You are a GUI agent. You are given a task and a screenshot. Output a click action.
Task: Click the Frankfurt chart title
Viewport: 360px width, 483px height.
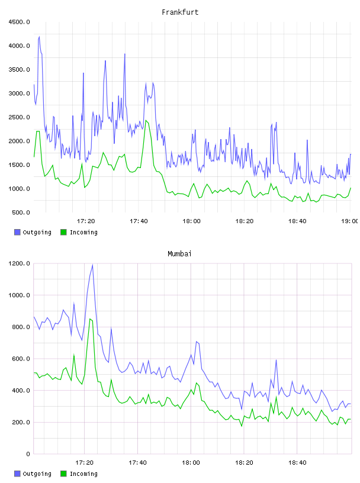point(180,12)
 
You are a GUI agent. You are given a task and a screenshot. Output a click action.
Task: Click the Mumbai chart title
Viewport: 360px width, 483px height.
point(179,254)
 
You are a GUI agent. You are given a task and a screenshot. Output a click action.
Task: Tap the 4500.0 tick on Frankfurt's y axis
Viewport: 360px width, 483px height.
point(20,22)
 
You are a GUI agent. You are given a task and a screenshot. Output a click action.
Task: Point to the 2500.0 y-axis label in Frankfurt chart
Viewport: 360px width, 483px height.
point(20,117)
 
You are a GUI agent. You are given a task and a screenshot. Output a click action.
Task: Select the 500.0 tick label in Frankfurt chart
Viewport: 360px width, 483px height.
point(21,212)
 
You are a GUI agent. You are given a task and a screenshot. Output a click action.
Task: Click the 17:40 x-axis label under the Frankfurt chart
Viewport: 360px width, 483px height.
point(139,221)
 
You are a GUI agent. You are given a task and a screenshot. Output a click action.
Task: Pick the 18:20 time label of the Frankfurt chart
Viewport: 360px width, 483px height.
point(245,221)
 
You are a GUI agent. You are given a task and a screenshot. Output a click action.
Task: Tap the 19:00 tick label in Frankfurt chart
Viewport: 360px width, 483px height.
point(349,221)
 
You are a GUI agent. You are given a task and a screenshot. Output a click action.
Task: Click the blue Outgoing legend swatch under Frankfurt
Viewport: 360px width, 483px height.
point(17,232)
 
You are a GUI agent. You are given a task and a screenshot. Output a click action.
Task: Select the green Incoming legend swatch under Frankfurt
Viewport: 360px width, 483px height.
point(63,232)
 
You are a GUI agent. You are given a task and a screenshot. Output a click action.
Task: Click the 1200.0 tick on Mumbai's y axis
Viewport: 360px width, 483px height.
point(20,263)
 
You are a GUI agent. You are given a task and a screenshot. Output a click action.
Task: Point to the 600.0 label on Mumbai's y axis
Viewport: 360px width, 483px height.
point(21,359)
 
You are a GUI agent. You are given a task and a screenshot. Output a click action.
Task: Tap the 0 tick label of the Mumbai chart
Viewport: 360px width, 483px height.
point(28,454)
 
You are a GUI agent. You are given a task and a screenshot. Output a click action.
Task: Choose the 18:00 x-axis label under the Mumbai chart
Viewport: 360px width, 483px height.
point(191,463)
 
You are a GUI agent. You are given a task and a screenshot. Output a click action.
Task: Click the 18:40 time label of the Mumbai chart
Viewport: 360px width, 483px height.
point(297,463)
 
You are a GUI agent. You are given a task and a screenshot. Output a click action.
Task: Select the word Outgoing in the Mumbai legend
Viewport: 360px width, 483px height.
point(37,474)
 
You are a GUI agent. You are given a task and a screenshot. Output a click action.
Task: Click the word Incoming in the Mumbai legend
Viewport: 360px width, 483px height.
point(83,474)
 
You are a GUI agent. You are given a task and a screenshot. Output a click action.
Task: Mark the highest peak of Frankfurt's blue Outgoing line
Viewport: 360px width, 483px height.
point(39,37)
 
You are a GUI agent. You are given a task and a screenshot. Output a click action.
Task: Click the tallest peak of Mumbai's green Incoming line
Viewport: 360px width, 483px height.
point(90,319)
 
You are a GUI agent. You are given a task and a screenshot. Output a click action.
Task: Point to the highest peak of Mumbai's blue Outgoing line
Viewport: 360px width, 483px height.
point(92,265)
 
